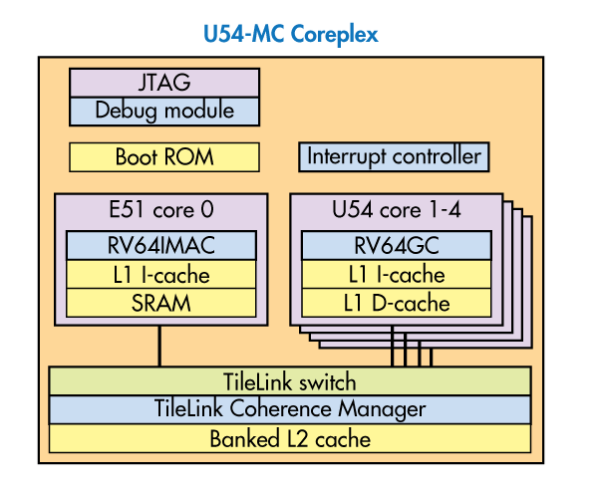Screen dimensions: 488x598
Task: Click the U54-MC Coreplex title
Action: [x=290, y=35]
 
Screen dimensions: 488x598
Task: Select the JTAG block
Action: [x=163, y=82]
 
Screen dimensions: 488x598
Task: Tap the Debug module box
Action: [x=163, y=110]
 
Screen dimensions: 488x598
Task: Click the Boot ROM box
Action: [x=163, y=156]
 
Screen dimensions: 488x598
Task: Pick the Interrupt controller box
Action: [x=394, y=156]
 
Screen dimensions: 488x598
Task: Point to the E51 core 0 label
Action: [x=160, y=210]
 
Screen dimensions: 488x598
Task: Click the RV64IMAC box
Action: [x=160, y=245]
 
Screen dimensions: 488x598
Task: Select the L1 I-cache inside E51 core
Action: [x=160, y=275]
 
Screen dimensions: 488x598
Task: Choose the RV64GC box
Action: [x=396, y=245]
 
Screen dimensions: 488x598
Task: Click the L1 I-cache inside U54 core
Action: [x=396, y=275]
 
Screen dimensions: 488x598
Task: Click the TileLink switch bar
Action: [x=289, y=381]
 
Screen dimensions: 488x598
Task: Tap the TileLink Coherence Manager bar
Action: [x=289, y=409]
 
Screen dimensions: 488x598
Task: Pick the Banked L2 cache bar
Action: [x=289, y=438]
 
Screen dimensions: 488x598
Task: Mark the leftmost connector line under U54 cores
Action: [x=393, y=348]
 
